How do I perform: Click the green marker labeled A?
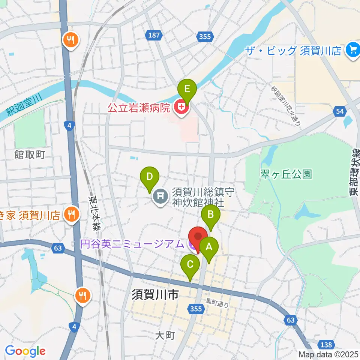pos(209,248)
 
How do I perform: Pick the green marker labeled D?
pos(149,177)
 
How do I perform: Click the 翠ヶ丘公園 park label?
pos(286,174)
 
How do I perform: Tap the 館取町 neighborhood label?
pos(30,154)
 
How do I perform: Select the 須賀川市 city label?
pos(154,295)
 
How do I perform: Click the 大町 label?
pos(165,335)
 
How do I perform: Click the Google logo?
pos(25,351)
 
